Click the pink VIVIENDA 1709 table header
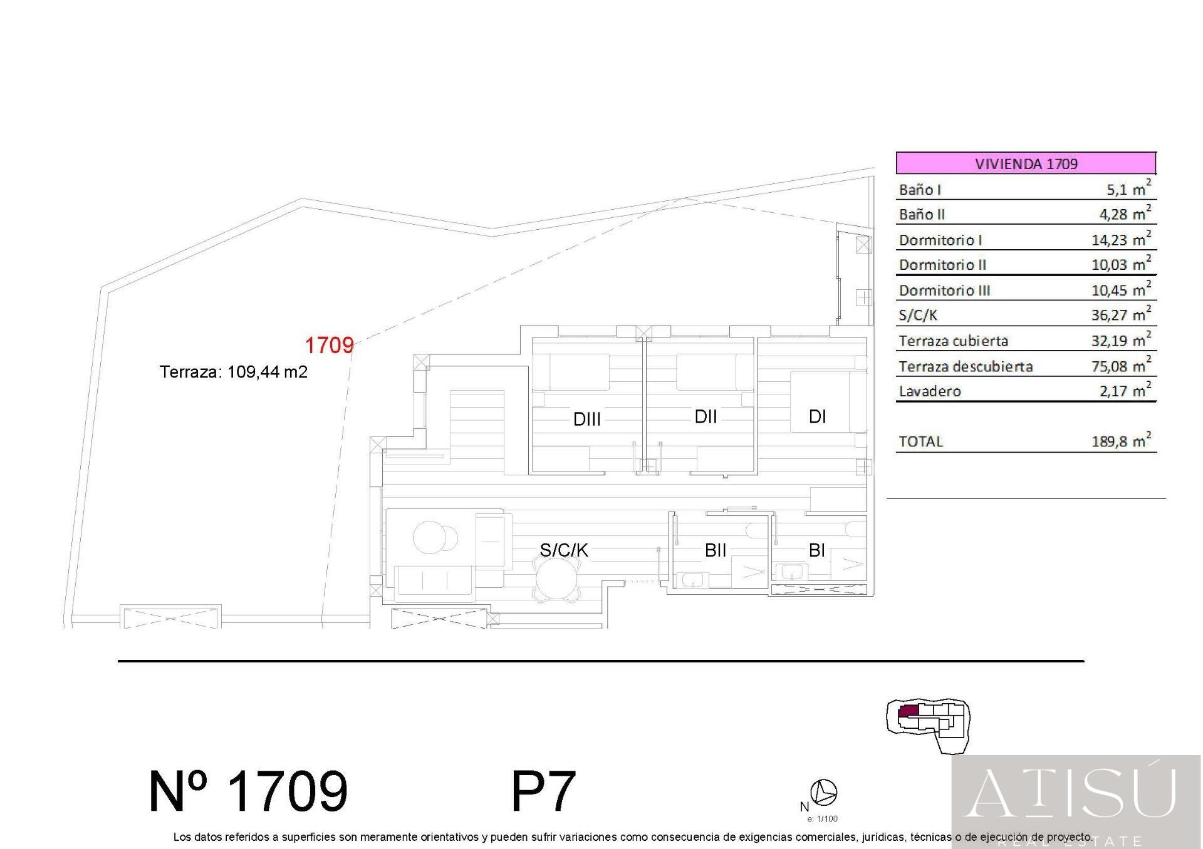click(1026, 163)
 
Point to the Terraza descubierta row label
click(966, 366)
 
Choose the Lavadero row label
click(930, 391)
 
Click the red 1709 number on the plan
click(329, 345)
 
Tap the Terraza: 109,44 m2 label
click(234, 372)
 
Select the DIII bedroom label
click(587, 419)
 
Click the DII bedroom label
click(706, 416)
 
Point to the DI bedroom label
click(818, 416)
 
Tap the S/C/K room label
click(564, 550)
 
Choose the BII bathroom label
click(716, 550)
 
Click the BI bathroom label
click(816, 550)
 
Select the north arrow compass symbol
click(823, 792)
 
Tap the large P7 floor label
click(543, 791)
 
